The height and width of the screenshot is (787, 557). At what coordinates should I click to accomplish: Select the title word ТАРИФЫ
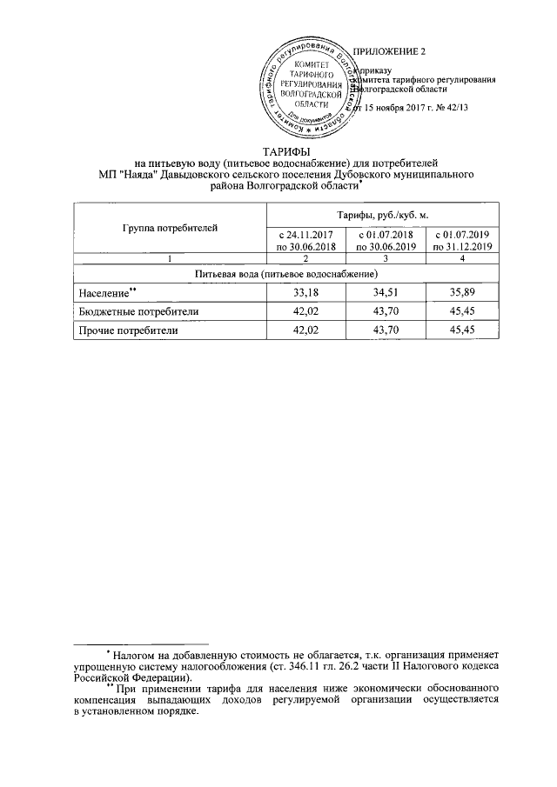coord(275,151)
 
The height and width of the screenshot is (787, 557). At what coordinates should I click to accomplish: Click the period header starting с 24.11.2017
coord(305,241)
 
